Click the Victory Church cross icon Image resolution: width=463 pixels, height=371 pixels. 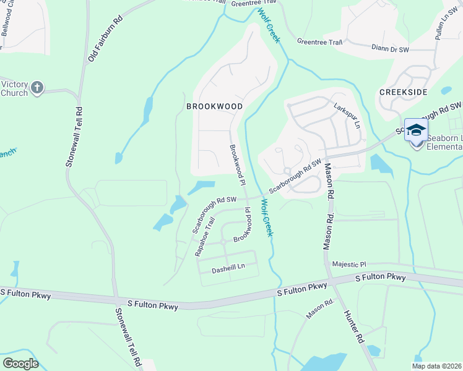(37, 88)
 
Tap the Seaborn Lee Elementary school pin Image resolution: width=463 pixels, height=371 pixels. (416, 132)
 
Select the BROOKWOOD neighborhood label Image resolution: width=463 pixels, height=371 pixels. (214, 106)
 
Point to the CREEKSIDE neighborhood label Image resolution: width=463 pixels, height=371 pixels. (403, 92)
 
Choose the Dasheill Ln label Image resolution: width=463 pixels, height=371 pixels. (228, 267)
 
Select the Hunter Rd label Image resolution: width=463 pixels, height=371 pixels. (354, 327)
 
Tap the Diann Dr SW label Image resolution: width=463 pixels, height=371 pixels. (390, 48)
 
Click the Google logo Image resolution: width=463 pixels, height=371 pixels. (21, 364)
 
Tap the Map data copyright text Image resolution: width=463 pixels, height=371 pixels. (437, 366)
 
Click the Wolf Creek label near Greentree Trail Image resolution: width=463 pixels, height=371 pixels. (270, 26)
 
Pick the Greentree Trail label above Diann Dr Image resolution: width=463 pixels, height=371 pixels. (319, 42)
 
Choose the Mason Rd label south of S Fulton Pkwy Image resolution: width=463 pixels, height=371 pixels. (320, 310)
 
